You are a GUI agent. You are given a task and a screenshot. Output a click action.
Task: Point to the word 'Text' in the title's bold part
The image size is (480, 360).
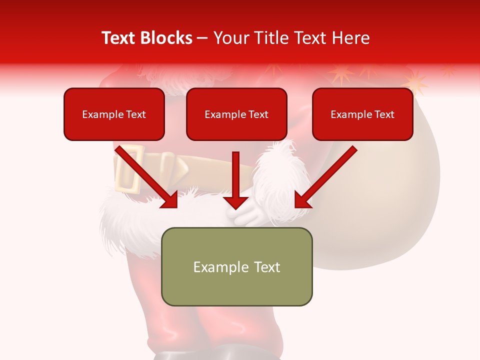click(118, 38)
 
